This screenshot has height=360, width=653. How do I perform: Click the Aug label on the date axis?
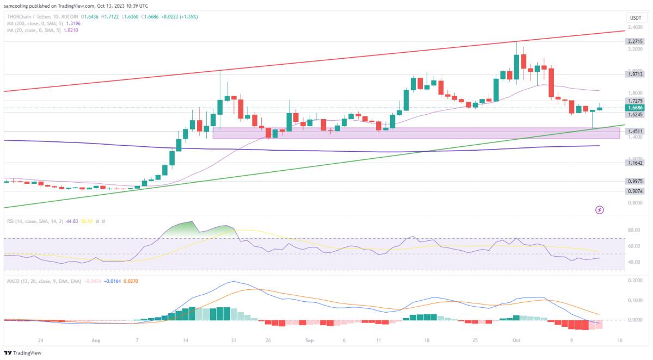tap(96, 341)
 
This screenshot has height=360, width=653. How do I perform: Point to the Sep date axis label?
tap(310, 341)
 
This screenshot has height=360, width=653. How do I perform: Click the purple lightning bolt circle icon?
tap(600, 209)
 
